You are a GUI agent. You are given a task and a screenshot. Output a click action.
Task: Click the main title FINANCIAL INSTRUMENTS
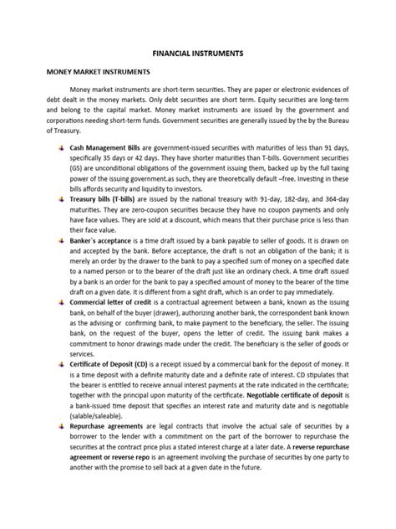click(197, 52)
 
